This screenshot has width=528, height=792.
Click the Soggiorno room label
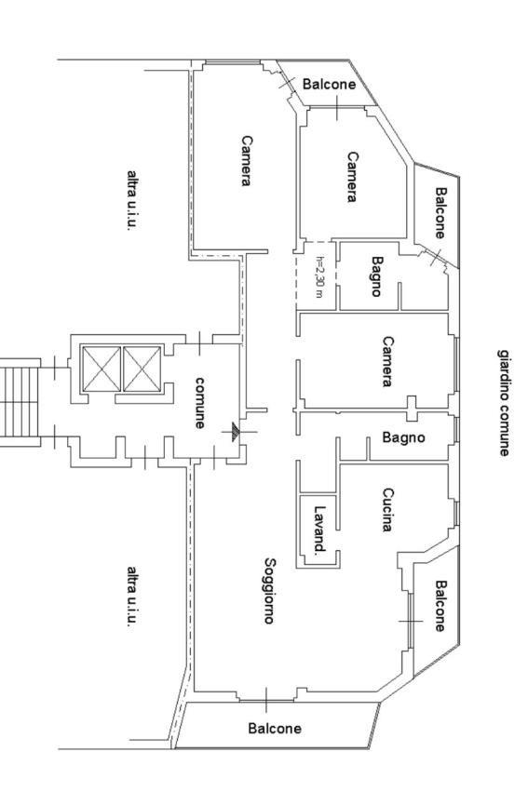tap(270, 590)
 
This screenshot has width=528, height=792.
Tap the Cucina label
tap(387, 510)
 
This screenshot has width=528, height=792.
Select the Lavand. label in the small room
tap(319, 530)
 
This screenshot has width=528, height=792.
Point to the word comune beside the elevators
tap(200, 403)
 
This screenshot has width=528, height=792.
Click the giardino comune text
tap(504, 403)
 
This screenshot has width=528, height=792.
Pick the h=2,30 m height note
tap(319, 276)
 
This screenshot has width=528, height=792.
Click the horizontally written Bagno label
tap(403, 436)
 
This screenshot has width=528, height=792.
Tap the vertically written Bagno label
tap(377, 276)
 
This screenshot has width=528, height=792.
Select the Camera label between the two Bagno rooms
tap(387, 361)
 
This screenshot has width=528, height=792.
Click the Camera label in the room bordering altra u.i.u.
tap(246, 161)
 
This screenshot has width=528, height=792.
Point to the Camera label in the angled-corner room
tap(352, 177)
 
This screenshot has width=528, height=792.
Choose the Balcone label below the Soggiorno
tap(275, 728)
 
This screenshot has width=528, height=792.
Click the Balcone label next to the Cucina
tap(440, 606)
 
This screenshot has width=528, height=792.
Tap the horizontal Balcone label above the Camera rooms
tap(329, 84)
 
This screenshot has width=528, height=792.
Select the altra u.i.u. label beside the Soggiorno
tap(132, 597)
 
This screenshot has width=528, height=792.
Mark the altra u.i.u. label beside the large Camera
tap(132, 200)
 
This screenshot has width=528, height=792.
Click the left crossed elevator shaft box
tap(102, 369)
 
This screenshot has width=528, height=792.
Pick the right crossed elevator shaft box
tap(142, 369)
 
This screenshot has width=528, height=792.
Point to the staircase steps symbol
tap(20, 402)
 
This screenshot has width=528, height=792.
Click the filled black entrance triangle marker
tap(235, 432)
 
